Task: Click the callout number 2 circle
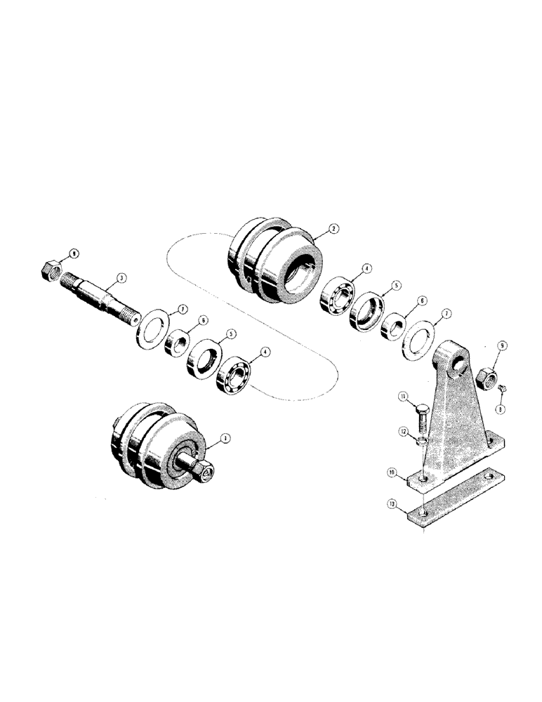333,228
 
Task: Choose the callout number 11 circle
404,397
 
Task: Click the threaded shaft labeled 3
98,294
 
